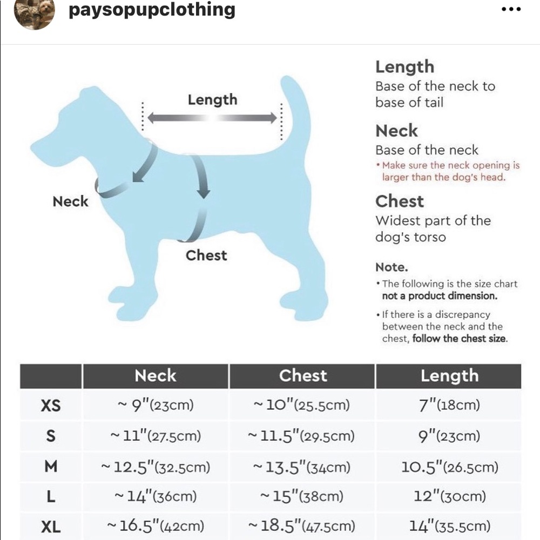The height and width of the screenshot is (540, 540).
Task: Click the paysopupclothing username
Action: [x=152, y=10]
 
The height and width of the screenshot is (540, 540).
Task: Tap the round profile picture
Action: [x=34, y=13]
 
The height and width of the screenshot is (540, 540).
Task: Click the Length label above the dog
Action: [x=212, y=100]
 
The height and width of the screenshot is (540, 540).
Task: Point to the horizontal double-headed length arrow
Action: [x=212, y=118]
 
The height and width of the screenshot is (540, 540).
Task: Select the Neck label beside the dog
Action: [x=70, y=202]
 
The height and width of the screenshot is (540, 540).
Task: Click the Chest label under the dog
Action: [x=206, y=255]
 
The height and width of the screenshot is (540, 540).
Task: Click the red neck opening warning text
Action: [x=448, y=172]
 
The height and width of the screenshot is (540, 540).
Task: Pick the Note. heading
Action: [x=392, y=267]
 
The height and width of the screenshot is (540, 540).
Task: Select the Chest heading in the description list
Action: [x=400, y=201]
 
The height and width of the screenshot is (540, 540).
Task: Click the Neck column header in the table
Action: [x=156, y=376]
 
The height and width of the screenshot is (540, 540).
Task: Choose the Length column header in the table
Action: [x=449, y=376]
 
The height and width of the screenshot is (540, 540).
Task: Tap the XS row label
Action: [x=51, y=406]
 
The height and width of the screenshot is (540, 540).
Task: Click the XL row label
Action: [x=51, y=525]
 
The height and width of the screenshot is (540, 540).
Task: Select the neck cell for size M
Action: [x=156, y=467]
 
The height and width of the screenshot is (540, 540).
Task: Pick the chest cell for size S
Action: [x=301, y=436]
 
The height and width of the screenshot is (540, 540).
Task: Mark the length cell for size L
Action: [x=449, y=496]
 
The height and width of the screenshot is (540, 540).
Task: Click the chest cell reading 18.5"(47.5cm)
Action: [x=301, y=525]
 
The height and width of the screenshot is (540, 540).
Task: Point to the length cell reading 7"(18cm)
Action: [x=449, y=406]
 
